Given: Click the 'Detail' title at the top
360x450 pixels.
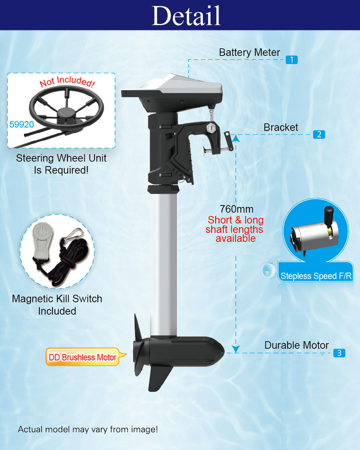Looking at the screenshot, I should click(x=186, y=15).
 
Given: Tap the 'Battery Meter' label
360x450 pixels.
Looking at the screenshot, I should click(x=249, y=52).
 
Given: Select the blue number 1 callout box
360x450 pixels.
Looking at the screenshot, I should click(x=291, y=59).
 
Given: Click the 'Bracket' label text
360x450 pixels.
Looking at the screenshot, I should click(x=280, y=127).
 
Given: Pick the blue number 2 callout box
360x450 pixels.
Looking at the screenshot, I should click(x=319, y=134).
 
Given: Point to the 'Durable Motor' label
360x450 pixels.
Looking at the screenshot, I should click(x=296, y=345).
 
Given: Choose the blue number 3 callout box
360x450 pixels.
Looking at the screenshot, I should click(x=339, y=353).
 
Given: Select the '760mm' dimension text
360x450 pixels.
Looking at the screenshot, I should click(x=236, y=209).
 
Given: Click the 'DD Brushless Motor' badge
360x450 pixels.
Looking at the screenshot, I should click(x=82, y=357).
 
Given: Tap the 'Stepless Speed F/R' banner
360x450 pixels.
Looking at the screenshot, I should click(x=308, y=276).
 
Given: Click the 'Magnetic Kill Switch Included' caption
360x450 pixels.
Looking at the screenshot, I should click(x=57, y=305).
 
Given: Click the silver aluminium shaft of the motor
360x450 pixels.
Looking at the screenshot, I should click(x=163, y=260).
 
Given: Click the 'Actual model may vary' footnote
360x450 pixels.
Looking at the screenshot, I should click(x=88, y=429).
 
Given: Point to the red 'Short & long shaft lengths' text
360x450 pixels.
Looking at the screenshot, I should click(x=235, y=229).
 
